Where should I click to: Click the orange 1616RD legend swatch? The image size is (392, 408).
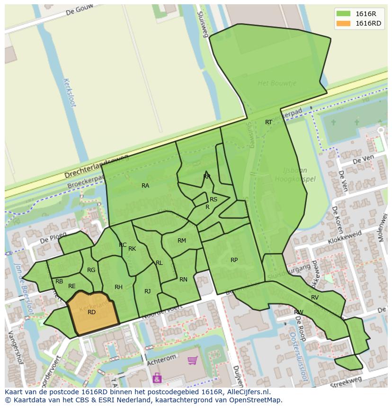tap(344, 23)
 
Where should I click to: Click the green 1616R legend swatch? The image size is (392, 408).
tap(344, 13)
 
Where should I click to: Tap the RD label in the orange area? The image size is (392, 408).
tap(92, 312)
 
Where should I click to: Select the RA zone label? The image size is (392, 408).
tap(145, 186)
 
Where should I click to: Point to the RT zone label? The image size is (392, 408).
tap(268, 122)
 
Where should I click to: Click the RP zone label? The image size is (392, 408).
tap(234, 260)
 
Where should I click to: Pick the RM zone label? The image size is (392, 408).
tap(182, 241)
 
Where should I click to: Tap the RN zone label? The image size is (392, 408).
tap(183, 280)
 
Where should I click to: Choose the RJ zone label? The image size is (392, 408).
tap(148, 291)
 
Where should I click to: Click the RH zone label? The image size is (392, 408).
tap(118, 287)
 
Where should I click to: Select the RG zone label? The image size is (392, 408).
tap(91, 270)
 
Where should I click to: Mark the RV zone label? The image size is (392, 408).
tap(315, 298)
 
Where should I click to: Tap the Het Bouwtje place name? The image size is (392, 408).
tap(277, 83)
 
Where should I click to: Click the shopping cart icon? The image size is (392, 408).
tap(193, 361)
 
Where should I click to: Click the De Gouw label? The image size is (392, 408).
tap(78, 11)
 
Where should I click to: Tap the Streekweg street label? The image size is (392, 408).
tap(346, 382)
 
